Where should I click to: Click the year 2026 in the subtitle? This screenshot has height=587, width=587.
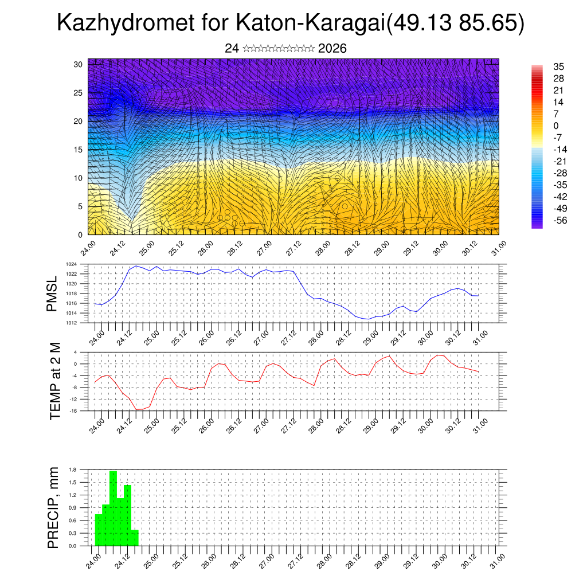(x=332, y=49)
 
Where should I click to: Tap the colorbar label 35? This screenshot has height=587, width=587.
(x=559, y=66)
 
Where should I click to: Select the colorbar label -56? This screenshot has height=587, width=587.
(x=557, y=220)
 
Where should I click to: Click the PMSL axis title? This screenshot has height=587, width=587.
(x=52, y=294)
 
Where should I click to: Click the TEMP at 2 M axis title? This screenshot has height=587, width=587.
(x=55, y=381)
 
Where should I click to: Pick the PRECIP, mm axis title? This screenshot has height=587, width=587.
(x=53, y=508)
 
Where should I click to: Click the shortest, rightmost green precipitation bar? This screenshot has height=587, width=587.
(x=135, y=538)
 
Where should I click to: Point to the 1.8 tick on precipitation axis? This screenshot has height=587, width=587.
(x=73, y=469)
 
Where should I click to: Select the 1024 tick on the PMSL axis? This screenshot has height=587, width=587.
(x=71, y=264)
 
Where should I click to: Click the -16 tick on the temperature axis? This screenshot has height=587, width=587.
(x=73, y=410)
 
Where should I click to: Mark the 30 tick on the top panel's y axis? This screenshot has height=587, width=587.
(x=78, y=64)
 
